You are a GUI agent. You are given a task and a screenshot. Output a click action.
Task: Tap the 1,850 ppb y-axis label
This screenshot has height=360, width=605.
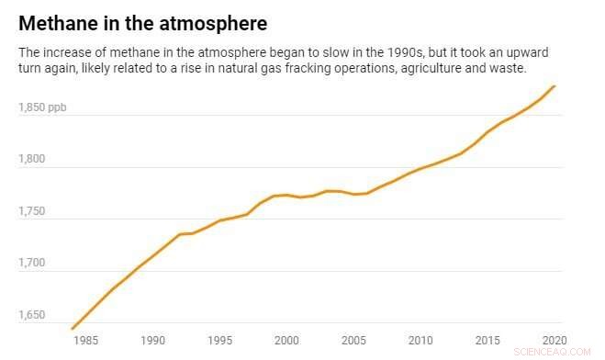tap(42, 107)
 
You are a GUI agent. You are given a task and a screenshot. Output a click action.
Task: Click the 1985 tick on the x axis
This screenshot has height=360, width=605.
tap(85, 339)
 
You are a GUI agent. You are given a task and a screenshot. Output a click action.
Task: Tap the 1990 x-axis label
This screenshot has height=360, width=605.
tap(152, 339)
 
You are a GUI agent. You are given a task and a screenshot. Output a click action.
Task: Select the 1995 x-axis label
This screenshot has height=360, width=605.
tap(219, 339)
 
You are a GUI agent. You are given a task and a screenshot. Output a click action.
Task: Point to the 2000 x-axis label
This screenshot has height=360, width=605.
tap(286, 339)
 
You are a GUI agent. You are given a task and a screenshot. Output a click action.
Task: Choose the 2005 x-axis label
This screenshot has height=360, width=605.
tap(353, 339)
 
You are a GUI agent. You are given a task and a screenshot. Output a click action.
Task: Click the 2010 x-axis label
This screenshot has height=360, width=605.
tap(420, 339)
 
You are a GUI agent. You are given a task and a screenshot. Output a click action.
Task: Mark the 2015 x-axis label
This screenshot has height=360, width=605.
tap(487, 339)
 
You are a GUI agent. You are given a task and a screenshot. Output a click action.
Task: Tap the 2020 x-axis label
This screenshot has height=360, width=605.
tap(554, 339)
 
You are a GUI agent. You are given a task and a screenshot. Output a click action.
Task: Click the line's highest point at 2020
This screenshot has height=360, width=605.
tap(555, 86)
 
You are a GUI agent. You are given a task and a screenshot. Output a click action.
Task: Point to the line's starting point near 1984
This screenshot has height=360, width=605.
tap(73, 328)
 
